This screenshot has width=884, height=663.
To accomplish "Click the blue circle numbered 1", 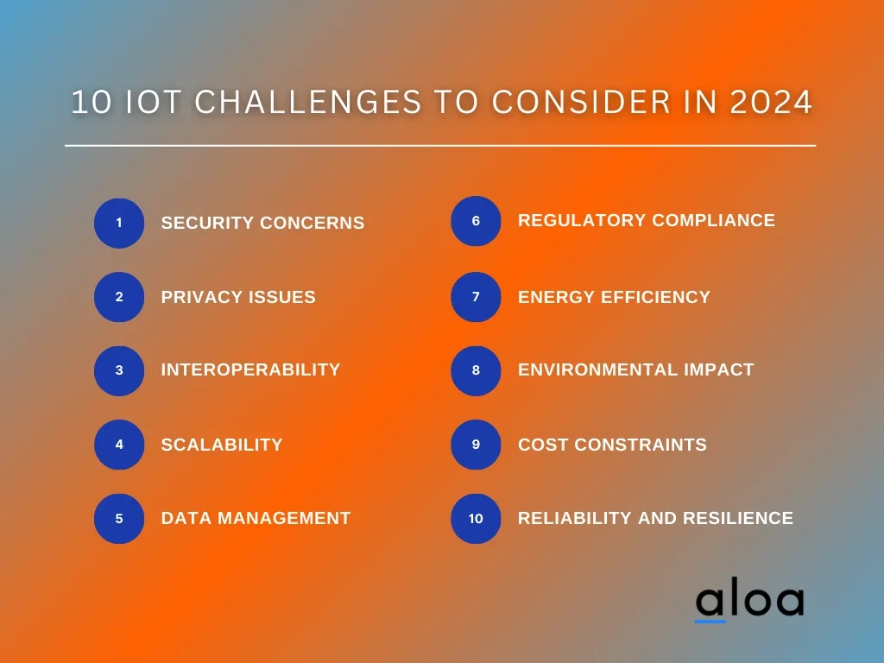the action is tap(119, 223).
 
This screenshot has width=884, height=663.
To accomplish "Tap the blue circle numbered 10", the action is tap(476, 519).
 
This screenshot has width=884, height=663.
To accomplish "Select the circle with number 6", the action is tap(476, 221).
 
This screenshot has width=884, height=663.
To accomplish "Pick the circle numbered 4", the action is tap(119, 445).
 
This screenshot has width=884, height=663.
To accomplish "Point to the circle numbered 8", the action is tap(476, 370).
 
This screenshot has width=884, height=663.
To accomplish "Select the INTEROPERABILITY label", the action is tap(251, 369).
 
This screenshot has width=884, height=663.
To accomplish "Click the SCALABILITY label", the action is tap(222, 445).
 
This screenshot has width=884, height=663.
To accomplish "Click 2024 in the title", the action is tap(771, 102).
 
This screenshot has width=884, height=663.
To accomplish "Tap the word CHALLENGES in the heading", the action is tap(308, 102).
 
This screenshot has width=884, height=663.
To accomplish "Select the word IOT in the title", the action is tap(153, 102).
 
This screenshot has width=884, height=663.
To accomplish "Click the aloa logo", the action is tap(750, 599).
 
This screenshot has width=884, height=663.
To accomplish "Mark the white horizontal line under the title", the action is tap(440, 145).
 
